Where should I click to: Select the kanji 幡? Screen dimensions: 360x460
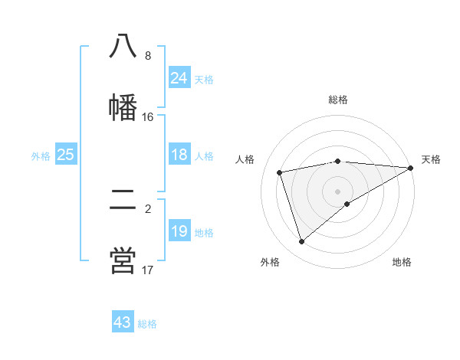coord(123,106)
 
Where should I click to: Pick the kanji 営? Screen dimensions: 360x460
coord(123,260)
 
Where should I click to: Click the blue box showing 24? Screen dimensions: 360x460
coord(179,78)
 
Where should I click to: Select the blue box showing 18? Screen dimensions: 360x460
coord(179,155)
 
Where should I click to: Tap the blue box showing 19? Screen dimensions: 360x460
coord(179,231)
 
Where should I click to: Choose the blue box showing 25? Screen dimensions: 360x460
coord(65,155)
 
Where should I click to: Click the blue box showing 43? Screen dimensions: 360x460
coord(123,322)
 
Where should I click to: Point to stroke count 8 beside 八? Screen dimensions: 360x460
coord(147,56)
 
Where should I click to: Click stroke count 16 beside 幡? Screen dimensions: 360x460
coord(147,117)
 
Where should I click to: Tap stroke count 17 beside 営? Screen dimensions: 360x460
coord(147,270)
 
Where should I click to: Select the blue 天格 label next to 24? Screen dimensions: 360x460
coord(204,79)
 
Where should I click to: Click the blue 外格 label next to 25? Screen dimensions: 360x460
coord(41,155)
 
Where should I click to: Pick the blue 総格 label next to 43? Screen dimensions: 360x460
coord(147,323)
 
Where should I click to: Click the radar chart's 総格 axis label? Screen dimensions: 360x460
coord(338,100)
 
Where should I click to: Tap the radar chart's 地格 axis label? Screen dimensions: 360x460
coord(402,262)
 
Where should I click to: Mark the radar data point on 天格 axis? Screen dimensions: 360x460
coord(410,168)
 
